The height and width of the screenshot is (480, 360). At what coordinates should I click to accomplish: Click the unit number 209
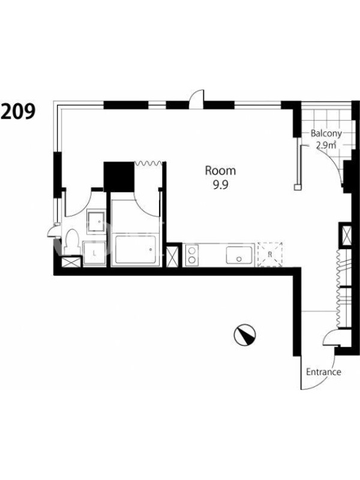pos(18,111)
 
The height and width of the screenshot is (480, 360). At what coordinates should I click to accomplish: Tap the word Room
pos(220,170)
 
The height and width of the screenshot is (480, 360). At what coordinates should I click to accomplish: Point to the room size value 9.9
pos(221,185)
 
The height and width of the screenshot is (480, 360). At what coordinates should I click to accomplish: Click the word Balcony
pos(326,134)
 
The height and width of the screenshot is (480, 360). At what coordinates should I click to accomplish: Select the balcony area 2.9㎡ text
pos(326,145)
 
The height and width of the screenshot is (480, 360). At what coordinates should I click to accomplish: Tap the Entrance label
pos(323,372)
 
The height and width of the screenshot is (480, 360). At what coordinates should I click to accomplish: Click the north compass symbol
pos(245,335)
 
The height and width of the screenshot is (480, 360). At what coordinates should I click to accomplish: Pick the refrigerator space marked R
pos(269,254)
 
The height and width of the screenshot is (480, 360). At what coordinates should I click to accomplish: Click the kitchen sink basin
pos(239,255)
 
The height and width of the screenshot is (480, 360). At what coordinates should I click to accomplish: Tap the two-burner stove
pos(191,255)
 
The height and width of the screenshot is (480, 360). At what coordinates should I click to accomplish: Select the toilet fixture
pos(72,241)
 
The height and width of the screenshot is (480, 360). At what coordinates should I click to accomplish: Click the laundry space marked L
pos(94,253)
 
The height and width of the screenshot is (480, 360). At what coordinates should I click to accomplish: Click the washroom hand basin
pos(96,221)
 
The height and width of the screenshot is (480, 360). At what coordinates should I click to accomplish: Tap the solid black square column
pos(119,177)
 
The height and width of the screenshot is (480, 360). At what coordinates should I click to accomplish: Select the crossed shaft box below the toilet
pos(71,262)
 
